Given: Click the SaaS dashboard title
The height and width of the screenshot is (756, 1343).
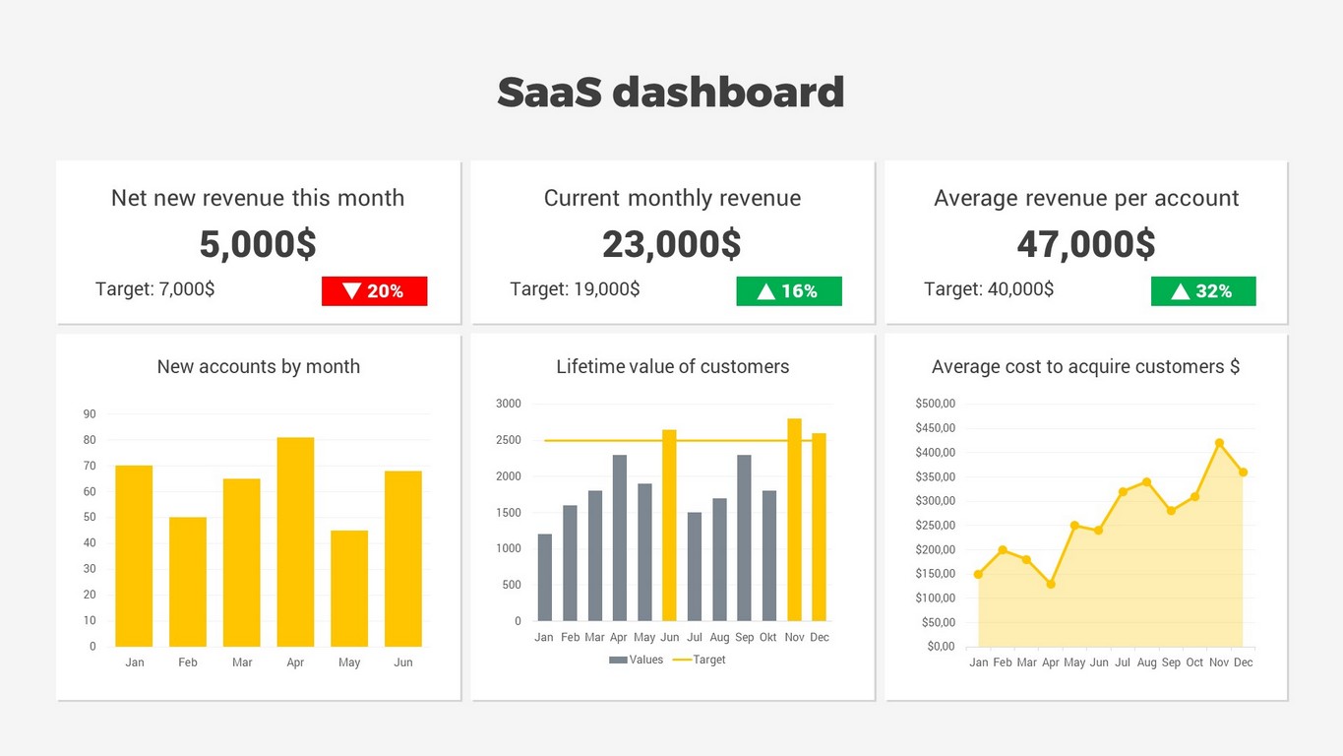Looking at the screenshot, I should click(x=671, y=93).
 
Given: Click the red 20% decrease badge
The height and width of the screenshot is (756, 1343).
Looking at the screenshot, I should click(x=374, y=291).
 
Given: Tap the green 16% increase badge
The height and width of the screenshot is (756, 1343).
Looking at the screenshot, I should click(x=789, y=291).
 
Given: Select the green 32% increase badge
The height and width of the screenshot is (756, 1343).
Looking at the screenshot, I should click(x=1203, y=291).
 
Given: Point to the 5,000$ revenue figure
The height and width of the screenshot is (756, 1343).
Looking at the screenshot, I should click(x=258, y=244).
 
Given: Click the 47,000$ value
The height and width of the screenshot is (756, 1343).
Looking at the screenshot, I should click(x=1086, y=244).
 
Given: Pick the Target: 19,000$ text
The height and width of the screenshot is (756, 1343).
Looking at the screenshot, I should click(x=575, y=289).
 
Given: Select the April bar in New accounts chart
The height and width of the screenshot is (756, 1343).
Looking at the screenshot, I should click(x=295, y=541).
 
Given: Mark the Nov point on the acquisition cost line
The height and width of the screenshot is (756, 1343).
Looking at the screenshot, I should click(x=1219, y=443).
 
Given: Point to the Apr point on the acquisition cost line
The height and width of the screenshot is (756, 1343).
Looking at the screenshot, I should click(x=1051, y=584).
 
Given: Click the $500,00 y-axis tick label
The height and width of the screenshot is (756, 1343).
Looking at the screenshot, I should click(x=935, y=404).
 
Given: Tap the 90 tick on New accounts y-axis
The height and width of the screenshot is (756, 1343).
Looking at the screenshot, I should click(x=90, y=414).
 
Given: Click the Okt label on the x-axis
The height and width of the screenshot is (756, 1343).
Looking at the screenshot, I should click(x=768, y=638).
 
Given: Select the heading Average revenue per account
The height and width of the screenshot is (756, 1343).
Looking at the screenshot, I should click(x=1086, y=198).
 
